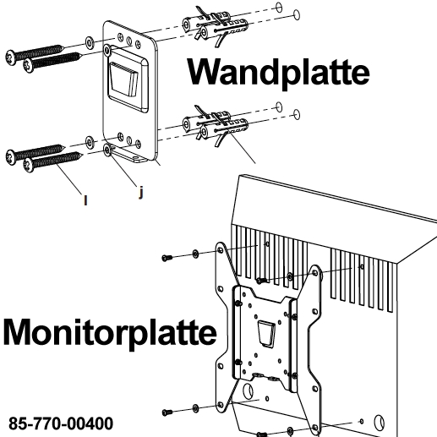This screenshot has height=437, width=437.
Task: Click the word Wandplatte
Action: pos(278,73)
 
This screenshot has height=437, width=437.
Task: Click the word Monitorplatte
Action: pos(110,333)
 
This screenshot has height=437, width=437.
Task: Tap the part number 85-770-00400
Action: pos(61,423)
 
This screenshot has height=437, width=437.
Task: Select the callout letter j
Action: pos(141,193)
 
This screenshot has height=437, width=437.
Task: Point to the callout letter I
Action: pos(85,200)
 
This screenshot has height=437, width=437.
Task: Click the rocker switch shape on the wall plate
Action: pos(124,79)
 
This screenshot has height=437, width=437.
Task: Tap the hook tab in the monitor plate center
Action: pos(266,333)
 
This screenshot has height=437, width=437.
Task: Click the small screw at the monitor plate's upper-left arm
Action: pos(167,257)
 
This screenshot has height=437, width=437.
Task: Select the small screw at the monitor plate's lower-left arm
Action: pos(167,412)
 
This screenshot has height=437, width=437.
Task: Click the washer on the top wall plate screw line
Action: pos(90,43)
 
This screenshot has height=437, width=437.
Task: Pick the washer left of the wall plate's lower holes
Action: pos(90,142)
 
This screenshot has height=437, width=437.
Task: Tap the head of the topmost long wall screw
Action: pos(10,57)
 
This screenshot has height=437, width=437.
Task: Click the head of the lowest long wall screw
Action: pos(29,165)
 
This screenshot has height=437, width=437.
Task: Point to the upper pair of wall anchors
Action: pos(215,26)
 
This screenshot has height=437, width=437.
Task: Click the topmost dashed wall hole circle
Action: pos(279,7)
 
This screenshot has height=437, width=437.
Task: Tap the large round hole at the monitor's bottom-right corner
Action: pos(379,423)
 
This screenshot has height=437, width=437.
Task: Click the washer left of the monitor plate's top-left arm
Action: pos(195,254)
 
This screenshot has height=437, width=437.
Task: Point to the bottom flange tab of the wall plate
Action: pos(128,155)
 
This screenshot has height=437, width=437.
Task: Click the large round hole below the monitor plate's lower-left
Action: pos(248,391)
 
